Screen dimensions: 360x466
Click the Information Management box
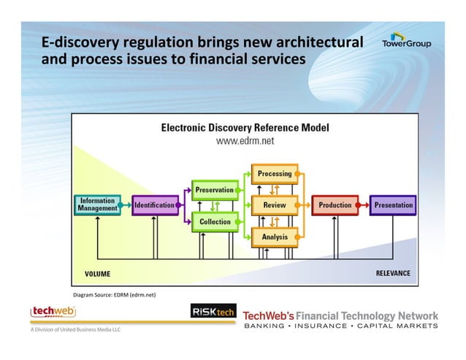point(97,204)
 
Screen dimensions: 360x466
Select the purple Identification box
point(155,205)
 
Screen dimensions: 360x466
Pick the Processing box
point(275,174)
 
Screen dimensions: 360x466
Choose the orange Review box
point(275,205)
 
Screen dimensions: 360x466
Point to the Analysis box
point(275,237)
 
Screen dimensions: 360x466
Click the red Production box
point(335,205)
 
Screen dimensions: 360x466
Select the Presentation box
point(393,205)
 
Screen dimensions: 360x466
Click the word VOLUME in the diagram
point(97,275)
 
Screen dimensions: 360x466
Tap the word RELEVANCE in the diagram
point(392,274)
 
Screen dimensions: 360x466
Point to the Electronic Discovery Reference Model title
point(245,128)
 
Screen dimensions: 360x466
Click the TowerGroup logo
point(406,39)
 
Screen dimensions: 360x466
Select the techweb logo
point(53,312)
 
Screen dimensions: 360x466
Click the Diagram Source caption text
point(114,295)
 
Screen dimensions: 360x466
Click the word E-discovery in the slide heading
point(78,42)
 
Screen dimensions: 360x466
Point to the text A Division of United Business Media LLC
point(75,329)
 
